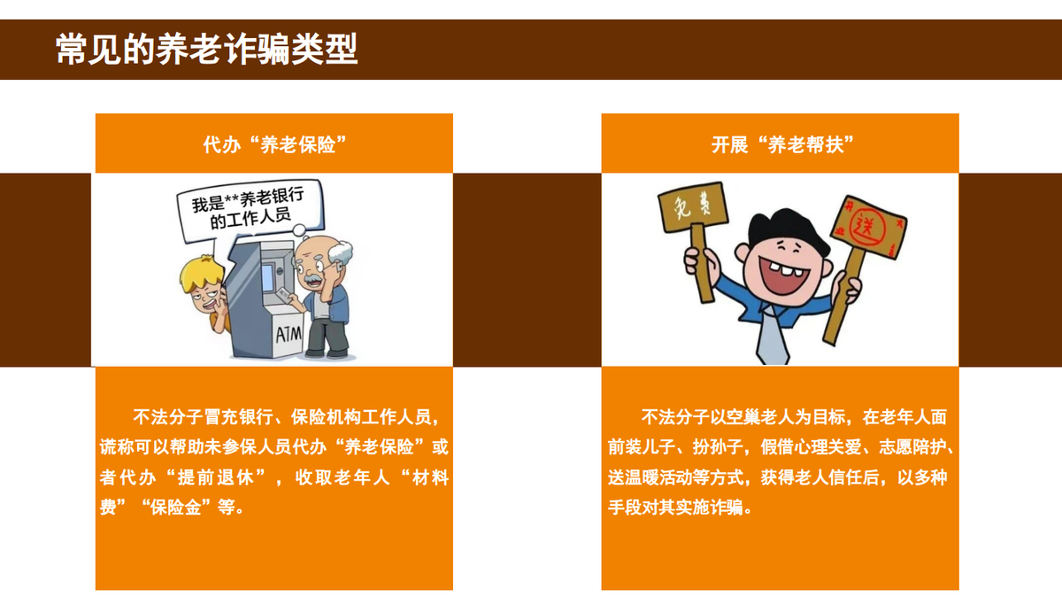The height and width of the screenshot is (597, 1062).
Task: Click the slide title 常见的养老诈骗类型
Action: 206,49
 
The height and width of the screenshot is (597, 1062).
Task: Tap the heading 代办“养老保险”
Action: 275,144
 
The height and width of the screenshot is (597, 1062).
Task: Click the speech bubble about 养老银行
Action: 250,210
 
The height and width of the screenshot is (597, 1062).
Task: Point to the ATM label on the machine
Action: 289,335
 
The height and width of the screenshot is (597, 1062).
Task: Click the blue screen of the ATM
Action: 268,278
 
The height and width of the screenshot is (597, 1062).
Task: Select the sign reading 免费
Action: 693,207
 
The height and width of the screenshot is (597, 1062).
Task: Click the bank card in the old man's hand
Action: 283,293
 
